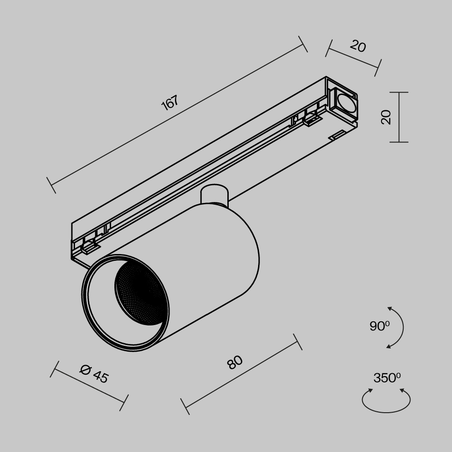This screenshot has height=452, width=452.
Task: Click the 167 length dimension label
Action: point(170,103)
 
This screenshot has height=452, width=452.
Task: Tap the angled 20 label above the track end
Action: point(358,46)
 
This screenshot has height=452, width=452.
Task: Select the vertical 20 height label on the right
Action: point(386,117)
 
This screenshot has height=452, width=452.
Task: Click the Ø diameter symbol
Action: point(85,369)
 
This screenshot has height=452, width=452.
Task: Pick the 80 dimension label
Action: point(235,362)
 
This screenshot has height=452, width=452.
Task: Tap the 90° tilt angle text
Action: point(379,326)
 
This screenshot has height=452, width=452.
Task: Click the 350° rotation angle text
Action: point(386,378)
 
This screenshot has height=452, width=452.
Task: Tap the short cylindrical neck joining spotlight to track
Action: point(214,195)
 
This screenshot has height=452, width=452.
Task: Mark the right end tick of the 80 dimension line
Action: point(297,342)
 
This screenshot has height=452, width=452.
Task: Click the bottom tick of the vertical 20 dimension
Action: point(399,142)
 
